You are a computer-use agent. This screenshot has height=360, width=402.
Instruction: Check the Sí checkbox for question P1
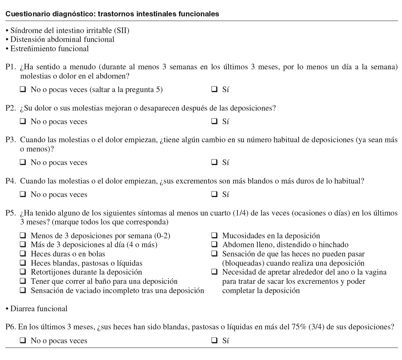click(214, 90)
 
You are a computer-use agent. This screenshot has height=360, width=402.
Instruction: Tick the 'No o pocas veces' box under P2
click(23, 122)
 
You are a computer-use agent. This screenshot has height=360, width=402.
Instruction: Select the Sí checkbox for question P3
click(214, 162)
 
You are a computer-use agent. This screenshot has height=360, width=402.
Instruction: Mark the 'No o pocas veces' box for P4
click(23, 194)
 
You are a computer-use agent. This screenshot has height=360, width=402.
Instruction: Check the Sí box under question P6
click(214, 340)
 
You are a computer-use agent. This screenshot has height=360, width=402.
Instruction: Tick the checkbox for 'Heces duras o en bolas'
click(23, 254)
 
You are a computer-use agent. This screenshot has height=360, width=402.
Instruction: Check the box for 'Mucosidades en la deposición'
click(214, 235)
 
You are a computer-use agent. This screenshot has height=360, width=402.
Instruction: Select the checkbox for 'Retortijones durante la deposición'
click(23, 272)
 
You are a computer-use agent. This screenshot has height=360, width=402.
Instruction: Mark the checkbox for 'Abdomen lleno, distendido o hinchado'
click(214, 245)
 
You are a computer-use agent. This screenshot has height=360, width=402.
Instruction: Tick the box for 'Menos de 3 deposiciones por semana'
click(23, 235)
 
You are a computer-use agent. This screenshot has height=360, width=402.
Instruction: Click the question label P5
click(10, 213)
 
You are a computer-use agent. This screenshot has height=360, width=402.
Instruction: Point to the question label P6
click(10, 327)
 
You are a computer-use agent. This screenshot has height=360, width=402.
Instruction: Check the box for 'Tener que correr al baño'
click(23, 281)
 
